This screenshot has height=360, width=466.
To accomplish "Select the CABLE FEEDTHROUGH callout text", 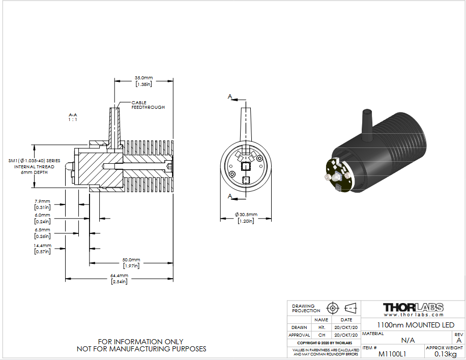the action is (x=148, y=105).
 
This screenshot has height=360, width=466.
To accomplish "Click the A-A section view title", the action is (x=73, y=117).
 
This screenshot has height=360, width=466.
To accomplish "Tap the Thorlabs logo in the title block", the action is (x=414, y=310).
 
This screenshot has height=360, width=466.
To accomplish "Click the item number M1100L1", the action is (x=392, y=354).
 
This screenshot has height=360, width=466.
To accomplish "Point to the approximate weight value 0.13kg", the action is (x=445, y=354).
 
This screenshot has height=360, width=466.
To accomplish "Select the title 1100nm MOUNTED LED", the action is (x=416, y=325).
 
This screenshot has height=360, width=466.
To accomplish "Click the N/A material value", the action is (x=408, y=340).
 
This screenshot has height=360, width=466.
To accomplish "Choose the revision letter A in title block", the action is (x=459, y=340).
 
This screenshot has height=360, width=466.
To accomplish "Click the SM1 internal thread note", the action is (x=34, y=166).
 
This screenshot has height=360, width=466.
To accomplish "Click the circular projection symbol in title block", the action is (x=333, y=308).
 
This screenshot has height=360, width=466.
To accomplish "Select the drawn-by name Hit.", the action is (x=322, y=327).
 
